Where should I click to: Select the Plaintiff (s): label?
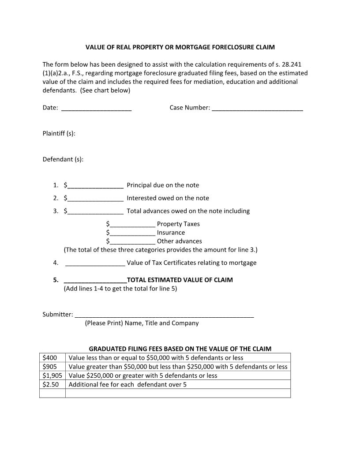(59, 133)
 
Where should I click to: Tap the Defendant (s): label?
(63, 159)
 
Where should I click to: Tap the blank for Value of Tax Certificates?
(95, 263)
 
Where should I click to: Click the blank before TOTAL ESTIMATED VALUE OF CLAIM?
(95, 281)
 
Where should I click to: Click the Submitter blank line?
(164, 315)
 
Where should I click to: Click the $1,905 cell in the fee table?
(52, 376)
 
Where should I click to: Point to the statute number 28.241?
(291, 64)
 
